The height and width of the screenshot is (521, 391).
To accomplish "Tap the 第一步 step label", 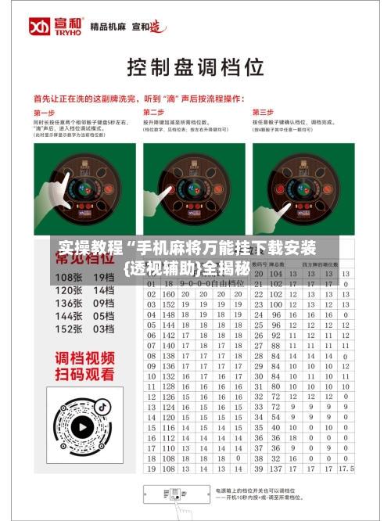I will pyautogui.click(x=44, y=112).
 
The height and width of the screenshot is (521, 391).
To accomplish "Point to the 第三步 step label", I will pyautogui.click(x=263, y=112).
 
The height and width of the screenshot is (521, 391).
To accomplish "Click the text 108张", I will pyautogui.click(x=69, y=277).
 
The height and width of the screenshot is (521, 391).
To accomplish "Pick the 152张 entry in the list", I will pyautogui.click(x=69, y=329).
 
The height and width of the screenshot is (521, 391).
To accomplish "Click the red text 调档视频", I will pyautogui.click(x=84, y=358).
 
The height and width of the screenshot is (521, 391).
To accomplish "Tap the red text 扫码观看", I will pyautogui.click(x=84, y=375).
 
